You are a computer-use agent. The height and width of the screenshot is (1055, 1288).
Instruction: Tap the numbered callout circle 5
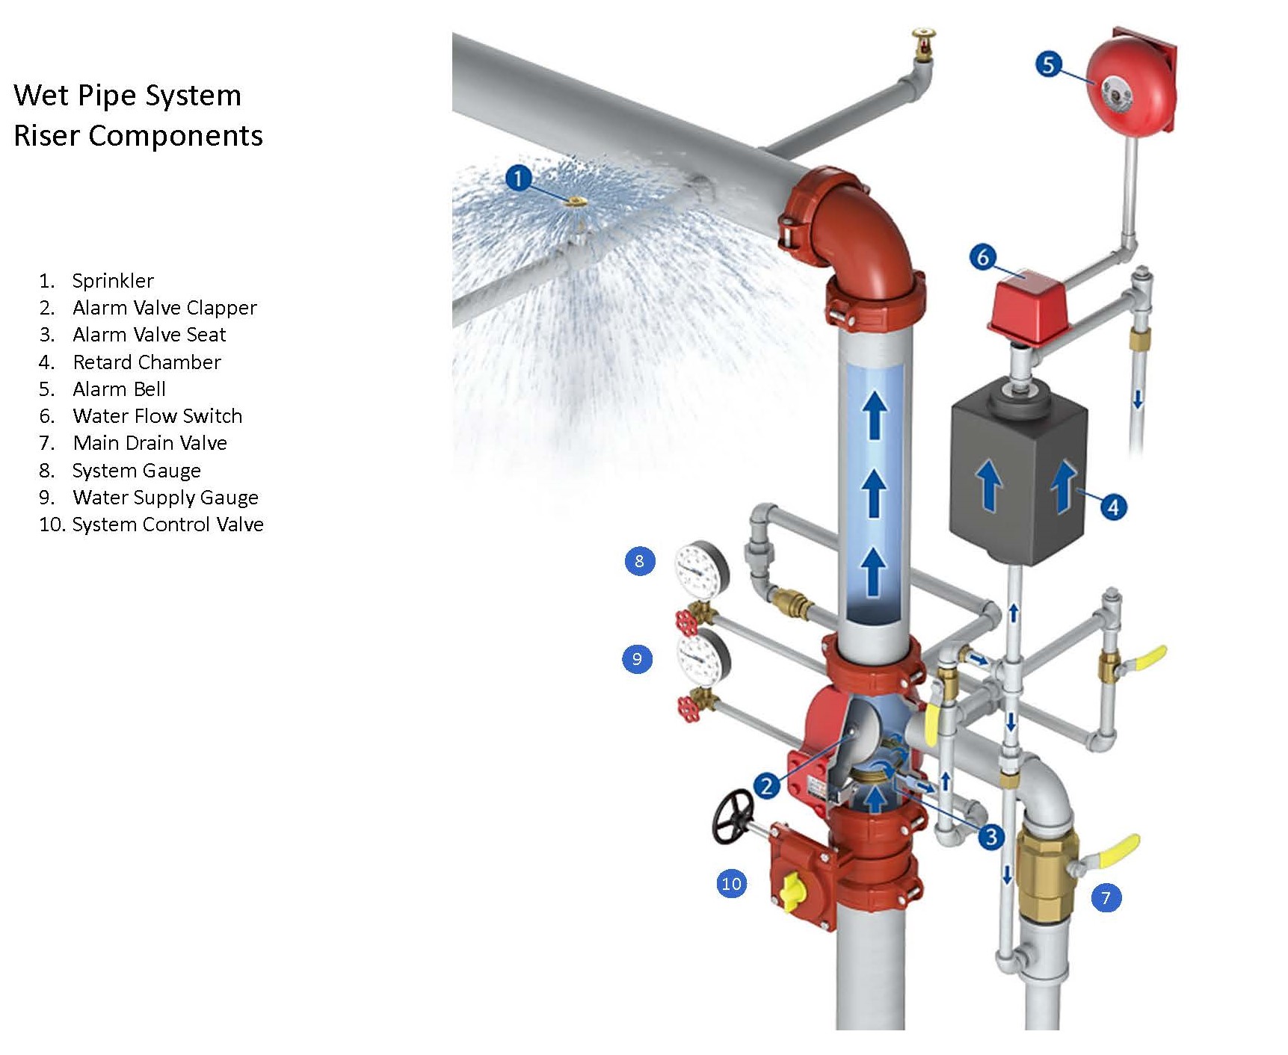click(x=1048, y=64)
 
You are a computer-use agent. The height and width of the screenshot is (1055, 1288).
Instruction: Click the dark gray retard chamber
click(x=1017, y=478)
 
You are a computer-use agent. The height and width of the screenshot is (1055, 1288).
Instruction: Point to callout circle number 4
click(x=1113, y=507)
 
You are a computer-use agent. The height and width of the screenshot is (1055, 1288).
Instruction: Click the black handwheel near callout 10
click(x=733, y=816)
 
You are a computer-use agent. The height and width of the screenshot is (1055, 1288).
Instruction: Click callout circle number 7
click(x=1106, y=897)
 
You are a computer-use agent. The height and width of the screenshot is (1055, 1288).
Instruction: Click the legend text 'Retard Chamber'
click(x=147, y=362)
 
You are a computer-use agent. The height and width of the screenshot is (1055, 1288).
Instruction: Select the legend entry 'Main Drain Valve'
click(x=150, y=443)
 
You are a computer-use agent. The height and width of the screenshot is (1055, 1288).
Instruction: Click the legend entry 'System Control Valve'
click(x=167, y=525)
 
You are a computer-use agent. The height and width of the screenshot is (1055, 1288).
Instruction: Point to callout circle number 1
click(x=518, y=179)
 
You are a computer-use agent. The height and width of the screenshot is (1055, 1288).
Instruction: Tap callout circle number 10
click(x=731, y=884)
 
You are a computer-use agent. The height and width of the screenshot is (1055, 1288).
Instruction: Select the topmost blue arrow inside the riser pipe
click(x=875, y=415)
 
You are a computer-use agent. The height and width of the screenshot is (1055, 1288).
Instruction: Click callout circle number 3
click(x=991, y=836)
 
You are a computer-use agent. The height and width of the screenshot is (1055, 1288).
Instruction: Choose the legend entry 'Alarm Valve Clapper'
click(x=164, y=308)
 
